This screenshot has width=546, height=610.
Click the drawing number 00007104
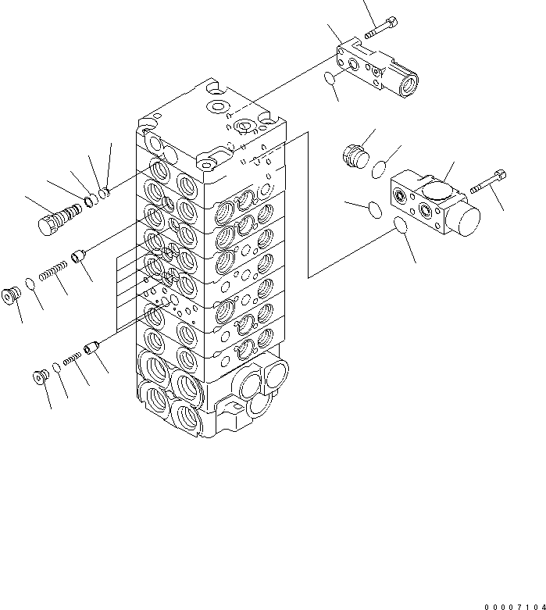tap(515, 607)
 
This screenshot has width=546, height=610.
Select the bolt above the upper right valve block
tap(381, 27)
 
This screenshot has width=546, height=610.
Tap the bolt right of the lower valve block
tap(488, 182)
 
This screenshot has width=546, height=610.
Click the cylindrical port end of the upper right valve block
tap(408, 82)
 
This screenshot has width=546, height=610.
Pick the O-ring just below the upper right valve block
tap(330, 78)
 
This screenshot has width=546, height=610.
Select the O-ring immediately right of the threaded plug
tap(379, 169)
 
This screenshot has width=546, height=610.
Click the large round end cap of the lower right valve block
tap(466, 220)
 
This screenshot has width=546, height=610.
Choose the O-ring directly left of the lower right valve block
tap(375, 209)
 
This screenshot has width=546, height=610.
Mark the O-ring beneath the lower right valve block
tap(401, 224)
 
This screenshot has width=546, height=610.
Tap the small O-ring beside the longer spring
tap(30, 284)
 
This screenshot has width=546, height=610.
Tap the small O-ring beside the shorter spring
tap(56, 367)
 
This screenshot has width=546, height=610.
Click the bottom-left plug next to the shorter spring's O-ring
tap(41, 376)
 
